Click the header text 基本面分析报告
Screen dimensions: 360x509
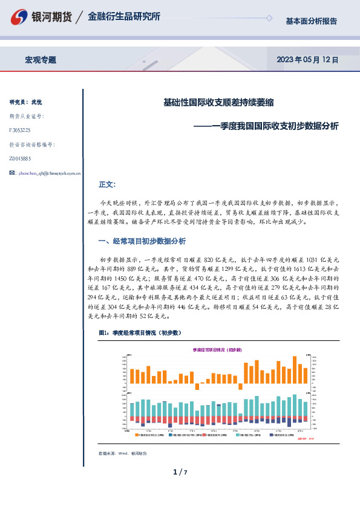(311, 21)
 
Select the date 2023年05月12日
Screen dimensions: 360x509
(307, 60)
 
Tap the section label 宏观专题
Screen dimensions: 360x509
(41, 60)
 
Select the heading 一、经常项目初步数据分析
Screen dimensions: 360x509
(142, 241)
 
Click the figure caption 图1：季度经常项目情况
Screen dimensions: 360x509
(139, 333)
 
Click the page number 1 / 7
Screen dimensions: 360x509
(180, 472)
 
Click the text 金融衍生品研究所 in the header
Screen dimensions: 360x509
(124, 17)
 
